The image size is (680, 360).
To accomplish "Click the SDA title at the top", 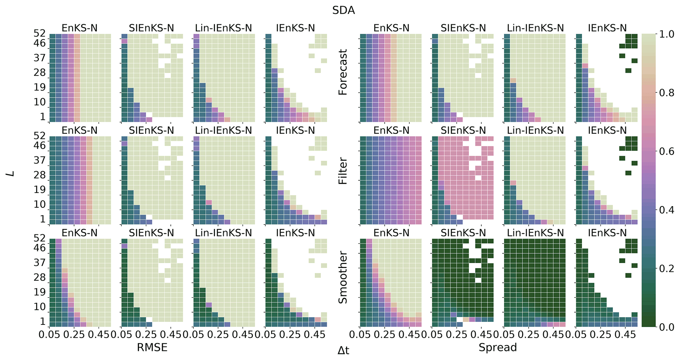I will (x=343, y=11).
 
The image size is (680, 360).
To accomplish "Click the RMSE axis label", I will (x=152, y=347).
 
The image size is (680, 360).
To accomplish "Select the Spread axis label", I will (x=497, y=347).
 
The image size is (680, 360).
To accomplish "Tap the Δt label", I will (x=343, y=351).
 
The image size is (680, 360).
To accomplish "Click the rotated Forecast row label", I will (x=343, y=72).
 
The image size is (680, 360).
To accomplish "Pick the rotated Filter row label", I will (x=343, y=171).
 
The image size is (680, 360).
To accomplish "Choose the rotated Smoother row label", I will (x=343, y=277).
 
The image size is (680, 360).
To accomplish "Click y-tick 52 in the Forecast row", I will (x=40, y=33).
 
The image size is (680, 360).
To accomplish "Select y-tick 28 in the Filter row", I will (x=40, y=175).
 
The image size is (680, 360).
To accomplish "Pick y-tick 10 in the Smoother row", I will (x=40, y=307).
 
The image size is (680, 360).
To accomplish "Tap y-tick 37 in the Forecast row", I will (x=40, y=58).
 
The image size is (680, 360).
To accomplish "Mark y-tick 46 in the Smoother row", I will (x=40, y=248).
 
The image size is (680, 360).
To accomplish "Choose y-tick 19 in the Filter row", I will (x=40, y=190).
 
